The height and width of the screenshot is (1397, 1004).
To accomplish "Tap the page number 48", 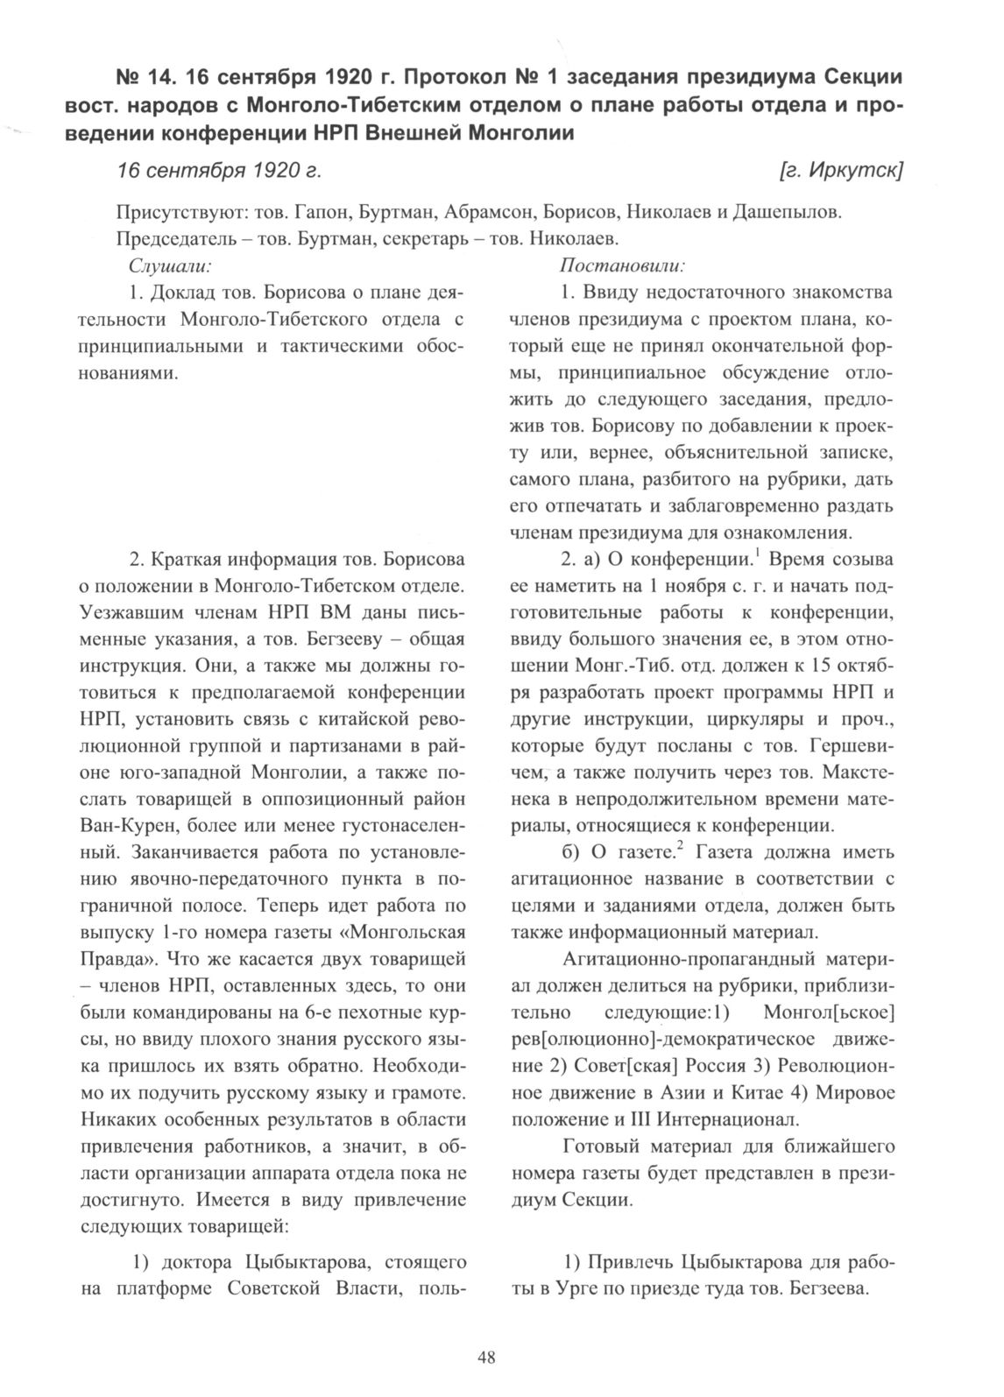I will [487, 1358].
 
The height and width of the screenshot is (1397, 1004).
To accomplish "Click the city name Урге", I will [580, 1288].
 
